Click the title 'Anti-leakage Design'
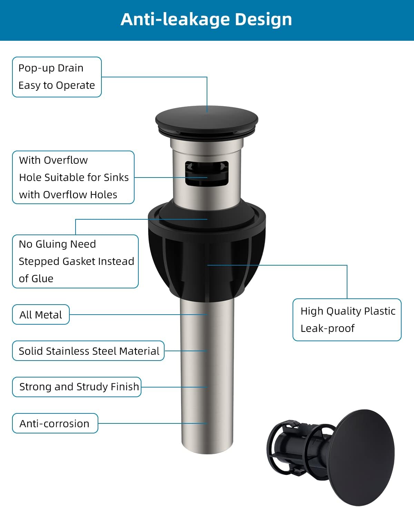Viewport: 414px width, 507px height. (206, 19)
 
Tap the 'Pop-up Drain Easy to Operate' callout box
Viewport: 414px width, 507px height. (57, 77)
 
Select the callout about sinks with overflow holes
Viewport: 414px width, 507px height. (73, 178)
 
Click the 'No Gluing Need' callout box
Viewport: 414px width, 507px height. (75, 261)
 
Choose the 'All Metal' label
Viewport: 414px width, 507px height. (41, 315)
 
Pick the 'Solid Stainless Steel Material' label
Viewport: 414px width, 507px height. (88, 351)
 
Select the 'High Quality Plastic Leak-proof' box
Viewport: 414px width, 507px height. (347, 320)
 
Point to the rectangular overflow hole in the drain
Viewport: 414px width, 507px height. (207, 173)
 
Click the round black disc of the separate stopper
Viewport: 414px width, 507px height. (362, 456)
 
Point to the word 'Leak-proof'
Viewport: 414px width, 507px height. (327, 328)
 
